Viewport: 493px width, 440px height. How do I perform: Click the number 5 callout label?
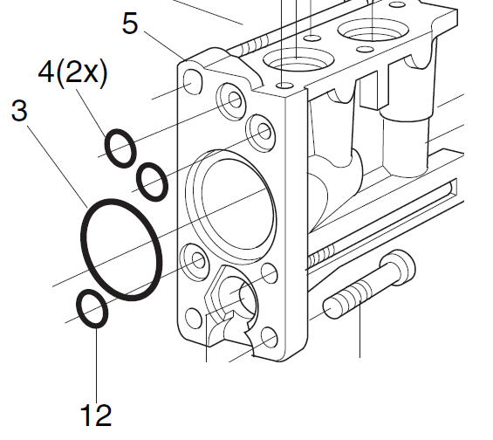coord(130,24)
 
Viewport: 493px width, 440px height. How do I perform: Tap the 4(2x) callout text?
coord(73,74)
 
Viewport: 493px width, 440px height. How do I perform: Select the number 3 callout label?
coord(19,111)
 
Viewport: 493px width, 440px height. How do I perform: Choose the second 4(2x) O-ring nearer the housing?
coord(153,180)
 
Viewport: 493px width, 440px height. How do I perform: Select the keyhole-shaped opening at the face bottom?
coord(234,302)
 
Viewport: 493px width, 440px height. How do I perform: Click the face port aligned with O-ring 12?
coord(195,259)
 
